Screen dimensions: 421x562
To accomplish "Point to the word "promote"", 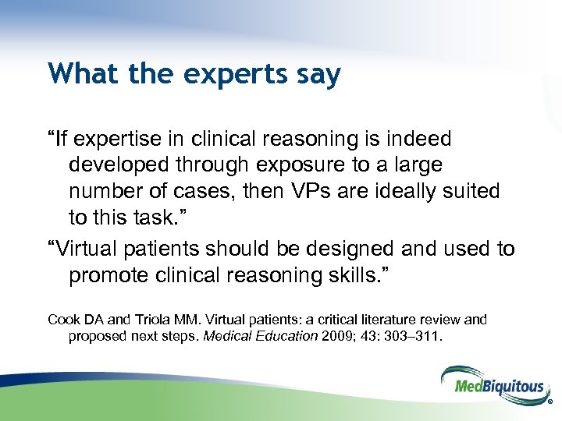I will [115, 275].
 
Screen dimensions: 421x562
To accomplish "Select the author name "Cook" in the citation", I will [63, 320].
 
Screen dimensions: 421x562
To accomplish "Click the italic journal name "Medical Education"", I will [269, 336].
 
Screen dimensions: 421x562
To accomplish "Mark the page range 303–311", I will [414, 336].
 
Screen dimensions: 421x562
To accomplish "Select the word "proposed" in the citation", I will [95, 336].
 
